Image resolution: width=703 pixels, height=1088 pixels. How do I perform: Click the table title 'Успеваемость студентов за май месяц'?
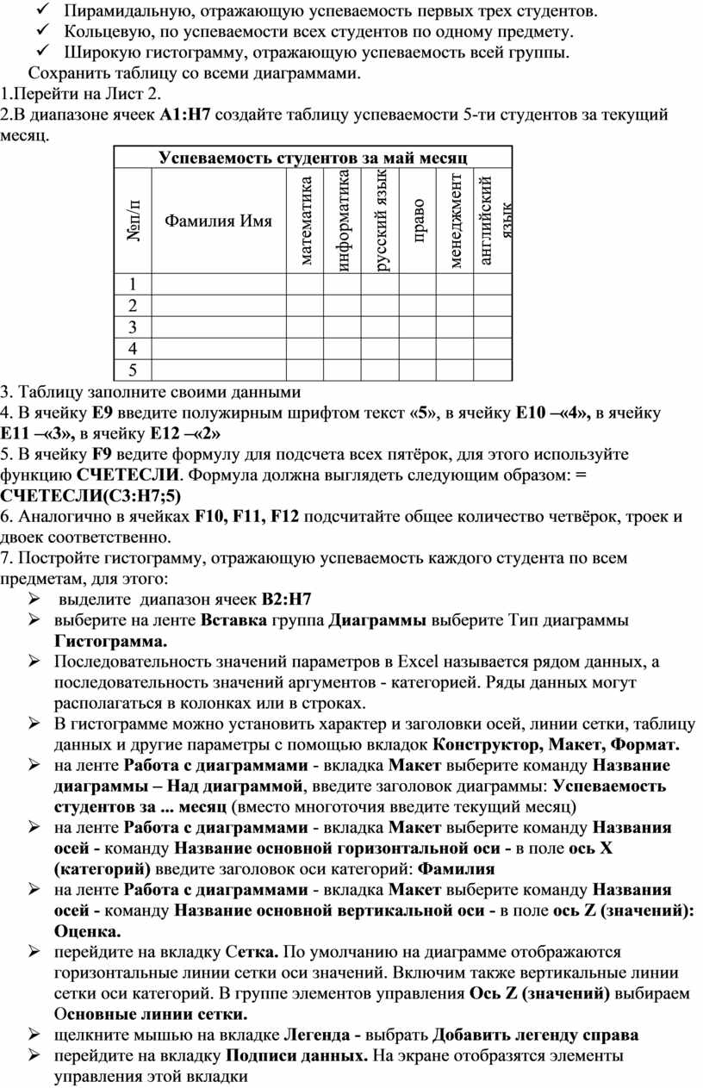coord(313,158)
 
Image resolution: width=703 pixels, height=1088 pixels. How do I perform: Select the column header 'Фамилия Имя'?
coord(218,221)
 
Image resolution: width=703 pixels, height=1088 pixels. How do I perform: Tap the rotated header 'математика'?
coord(306,221)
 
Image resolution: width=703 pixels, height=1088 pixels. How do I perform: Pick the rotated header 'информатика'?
coord(344,221)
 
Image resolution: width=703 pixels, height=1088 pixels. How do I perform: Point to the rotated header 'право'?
coord(417,221)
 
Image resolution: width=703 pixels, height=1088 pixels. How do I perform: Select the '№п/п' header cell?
coord(134,221)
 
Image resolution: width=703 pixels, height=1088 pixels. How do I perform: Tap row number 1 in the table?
coord(133,284)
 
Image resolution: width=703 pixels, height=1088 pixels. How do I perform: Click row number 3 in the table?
coord(133,327)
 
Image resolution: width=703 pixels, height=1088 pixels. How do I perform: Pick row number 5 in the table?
coord(133,370)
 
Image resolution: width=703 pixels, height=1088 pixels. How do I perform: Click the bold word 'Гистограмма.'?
coord(111,641)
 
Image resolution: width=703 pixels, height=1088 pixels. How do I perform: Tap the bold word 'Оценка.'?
coord(87,931)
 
